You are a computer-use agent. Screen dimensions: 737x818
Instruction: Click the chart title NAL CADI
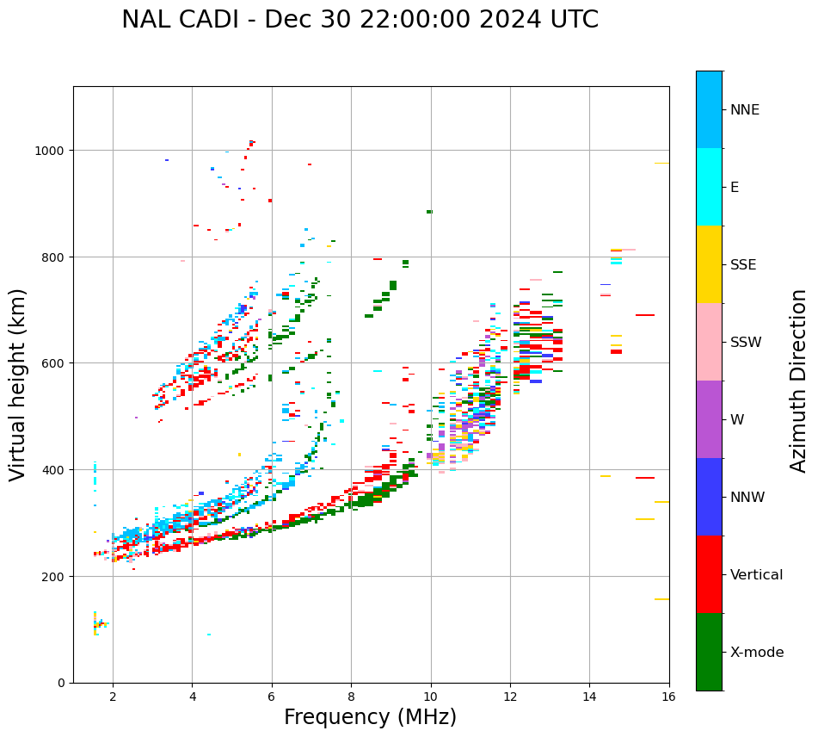(360, 20)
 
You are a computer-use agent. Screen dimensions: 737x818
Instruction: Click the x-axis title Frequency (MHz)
(370, 717)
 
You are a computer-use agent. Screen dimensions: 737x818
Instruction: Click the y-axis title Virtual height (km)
(18, 384)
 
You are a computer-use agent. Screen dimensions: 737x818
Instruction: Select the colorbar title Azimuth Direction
(799, 381)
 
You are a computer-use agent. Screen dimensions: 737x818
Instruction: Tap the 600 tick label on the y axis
(55, 363)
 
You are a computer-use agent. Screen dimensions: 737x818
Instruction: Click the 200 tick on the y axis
(55, 576)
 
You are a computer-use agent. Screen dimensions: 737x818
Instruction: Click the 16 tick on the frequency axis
(668, 697)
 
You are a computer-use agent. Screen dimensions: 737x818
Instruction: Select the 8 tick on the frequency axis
(351, 697)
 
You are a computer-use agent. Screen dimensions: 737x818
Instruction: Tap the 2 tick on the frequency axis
(113, 697)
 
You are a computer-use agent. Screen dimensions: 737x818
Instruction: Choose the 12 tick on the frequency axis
(510, 697)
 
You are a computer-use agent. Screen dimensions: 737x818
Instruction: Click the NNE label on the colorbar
(745, 109)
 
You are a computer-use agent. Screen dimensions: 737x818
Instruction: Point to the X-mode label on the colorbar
(757, 652)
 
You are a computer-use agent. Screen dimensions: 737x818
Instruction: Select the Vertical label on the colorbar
(757, 574)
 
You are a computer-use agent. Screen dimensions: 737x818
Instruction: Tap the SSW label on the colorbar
(746, 342)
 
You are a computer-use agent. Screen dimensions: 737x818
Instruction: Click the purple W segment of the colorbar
(709, 419)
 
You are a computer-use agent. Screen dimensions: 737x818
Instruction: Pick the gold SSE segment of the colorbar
(709, 264)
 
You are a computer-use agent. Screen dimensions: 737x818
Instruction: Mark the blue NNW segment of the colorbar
(709, 497)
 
